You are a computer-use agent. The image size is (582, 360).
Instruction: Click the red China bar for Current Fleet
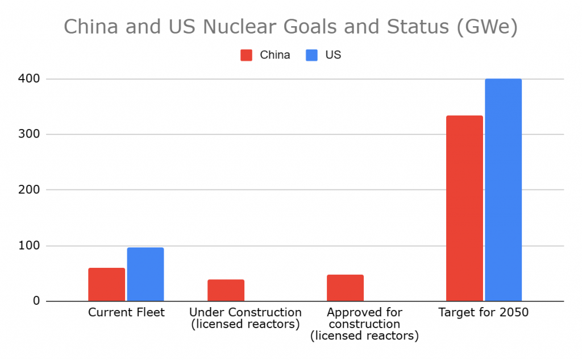pyautogui.click(x=106, y=284)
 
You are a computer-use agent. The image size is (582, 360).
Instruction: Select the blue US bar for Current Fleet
pyautogui.click(x=145, y=274)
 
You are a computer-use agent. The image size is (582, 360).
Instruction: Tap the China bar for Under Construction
pyautogui.click(x=226, y=290)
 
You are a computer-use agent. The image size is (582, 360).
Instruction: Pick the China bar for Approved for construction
pyautogui.click(x=345, y=288)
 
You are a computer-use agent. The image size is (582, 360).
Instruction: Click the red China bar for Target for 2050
pyautogui.click(x=464, y=208)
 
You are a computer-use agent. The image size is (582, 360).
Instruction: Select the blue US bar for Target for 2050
pyautogui.click(x=503, y=190)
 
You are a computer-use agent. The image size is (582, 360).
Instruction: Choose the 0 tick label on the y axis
pyautogui.click(x=52, y=301)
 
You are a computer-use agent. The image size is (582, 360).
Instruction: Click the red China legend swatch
pyautogui.click(x=246, y=55)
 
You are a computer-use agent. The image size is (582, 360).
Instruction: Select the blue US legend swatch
pyautogui.click(x=311, y=55)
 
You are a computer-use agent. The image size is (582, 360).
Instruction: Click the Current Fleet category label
pyautogui.click(x=126, y=312)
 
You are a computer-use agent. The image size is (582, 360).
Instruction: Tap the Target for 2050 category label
pyautogui.click(x=484, y=312)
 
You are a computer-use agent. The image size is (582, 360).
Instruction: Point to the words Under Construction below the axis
pyautogui.click(x=245, y=312)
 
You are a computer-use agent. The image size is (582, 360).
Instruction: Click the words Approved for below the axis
pyautogui.click(x=364, y=312)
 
